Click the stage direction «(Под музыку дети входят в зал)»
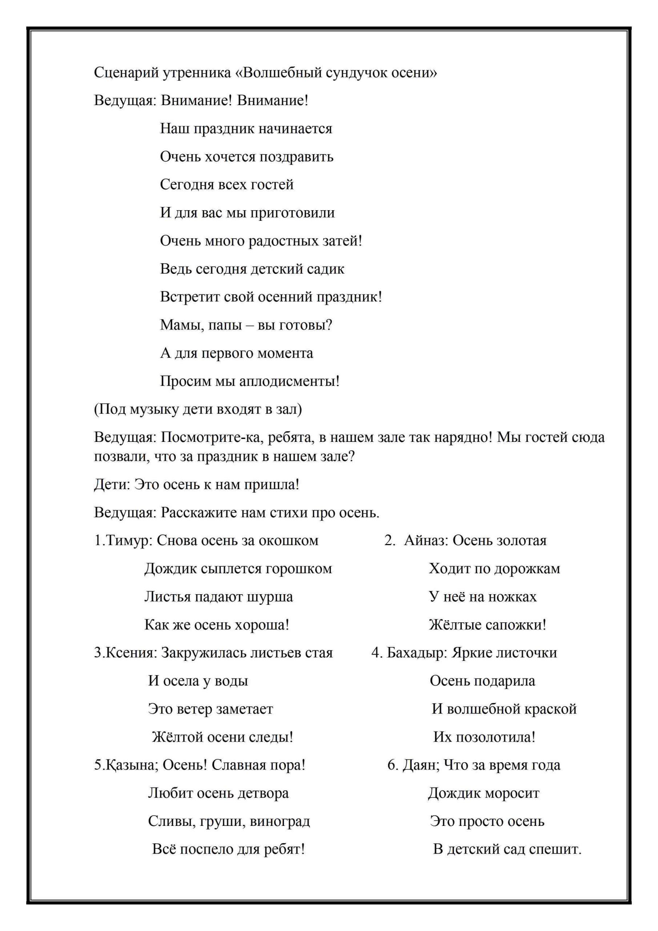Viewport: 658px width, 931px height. tap(198, 409)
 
